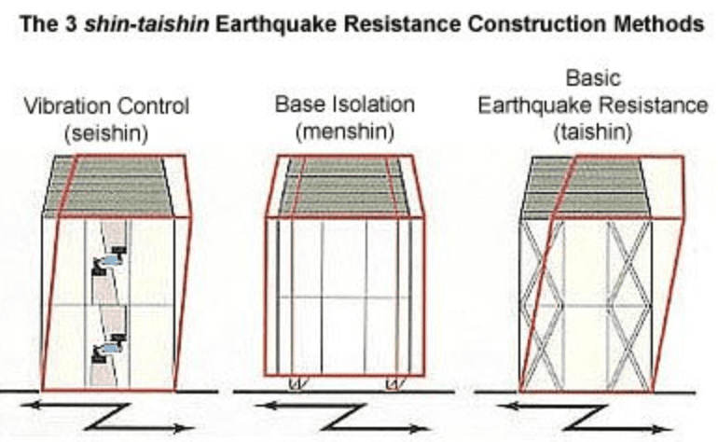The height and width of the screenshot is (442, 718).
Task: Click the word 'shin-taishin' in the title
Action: click(x=146, y=24)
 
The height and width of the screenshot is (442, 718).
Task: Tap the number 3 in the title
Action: click(x=71, y=24)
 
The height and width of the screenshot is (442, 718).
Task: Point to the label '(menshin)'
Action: click(x=345, y=132)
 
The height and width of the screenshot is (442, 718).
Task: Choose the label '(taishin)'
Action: click(x=592, y=132)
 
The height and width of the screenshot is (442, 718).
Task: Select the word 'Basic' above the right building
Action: click(x=593, y=78)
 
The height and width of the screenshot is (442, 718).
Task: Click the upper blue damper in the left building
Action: click(x=110, y=260)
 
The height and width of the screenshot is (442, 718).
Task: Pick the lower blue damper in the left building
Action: click(x=110, y=348)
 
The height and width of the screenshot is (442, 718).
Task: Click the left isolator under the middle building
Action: click(x=296, y=383)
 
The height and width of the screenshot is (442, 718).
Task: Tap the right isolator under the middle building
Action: click(x=394, y=383)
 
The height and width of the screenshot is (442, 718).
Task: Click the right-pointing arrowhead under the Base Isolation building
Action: click(x=419, y=429)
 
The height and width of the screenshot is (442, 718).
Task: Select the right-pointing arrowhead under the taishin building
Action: click(x=662, y=430)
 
